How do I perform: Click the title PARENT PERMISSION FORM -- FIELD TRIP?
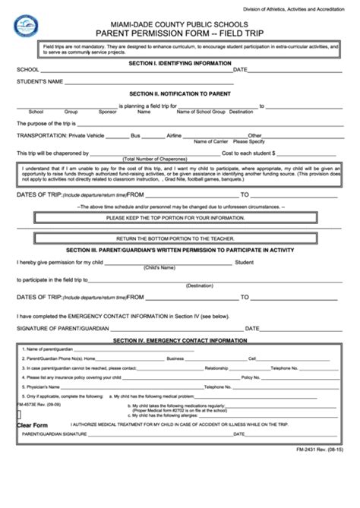coord(180,34)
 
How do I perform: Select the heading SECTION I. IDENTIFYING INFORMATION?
coord(181,63)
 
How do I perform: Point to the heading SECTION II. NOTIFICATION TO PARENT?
coord(181,93)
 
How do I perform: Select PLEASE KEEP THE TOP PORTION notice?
coord(181,217)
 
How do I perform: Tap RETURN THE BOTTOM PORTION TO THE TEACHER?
coord(181,238)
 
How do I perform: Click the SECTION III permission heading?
coord(181,250)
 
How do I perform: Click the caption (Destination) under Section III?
coord(200,286)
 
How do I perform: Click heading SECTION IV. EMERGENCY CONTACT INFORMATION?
coord(181,341)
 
